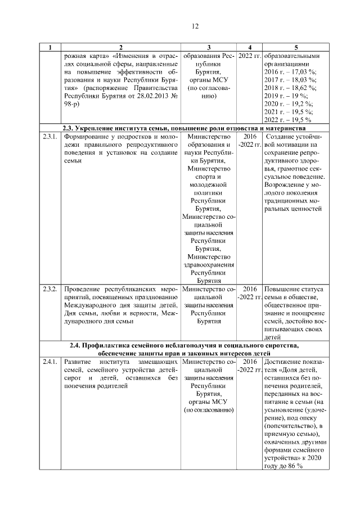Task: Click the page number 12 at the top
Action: coord(195,26)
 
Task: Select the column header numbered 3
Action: coord(209,48)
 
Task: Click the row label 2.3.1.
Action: coord(49,137)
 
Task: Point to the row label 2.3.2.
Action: coord(49,289)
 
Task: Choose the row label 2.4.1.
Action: coord(49,361)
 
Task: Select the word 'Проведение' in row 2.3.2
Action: coord(83,289)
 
